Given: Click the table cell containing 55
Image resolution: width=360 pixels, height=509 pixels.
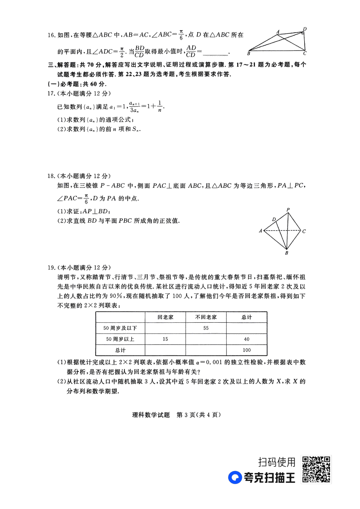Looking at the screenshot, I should (206, 328).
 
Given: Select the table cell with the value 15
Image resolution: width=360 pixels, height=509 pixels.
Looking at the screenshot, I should (165, 339).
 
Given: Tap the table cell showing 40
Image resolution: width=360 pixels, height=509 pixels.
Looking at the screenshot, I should (247, 339).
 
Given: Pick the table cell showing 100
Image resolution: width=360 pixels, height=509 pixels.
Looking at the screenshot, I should (247, 350).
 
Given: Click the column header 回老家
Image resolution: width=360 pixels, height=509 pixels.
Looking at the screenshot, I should (165, 317).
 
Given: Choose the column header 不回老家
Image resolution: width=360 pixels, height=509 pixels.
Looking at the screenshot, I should (206, 317).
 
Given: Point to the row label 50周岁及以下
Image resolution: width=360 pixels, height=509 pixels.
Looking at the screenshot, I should (120, 328).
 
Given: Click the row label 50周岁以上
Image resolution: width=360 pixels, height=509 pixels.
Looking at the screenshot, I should (120, 339).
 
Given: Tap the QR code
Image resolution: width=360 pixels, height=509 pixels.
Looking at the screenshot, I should (316, 469).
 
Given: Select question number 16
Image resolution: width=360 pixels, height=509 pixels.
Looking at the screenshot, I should (51, 35).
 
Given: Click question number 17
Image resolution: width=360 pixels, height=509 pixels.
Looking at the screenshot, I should (51, 94).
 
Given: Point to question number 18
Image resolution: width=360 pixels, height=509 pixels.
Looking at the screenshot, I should (51, 176).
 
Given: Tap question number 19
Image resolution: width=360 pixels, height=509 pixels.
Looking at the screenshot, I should (51, 268).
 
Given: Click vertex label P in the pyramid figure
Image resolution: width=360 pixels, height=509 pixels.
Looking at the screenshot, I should (288, 210).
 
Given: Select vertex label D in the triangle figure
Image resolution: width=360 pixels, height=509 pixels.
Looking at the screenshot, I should (304, 29).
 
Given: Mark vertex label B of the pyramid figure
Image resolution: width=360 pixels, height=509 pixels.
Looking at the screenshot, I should (286, 253).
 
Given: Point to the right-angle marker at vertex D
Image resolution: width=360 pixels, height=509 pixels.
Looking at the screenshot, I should (303, 33).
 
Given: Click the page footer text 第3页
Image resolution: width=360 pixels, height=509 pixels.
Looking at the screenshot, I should (186, 415).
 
